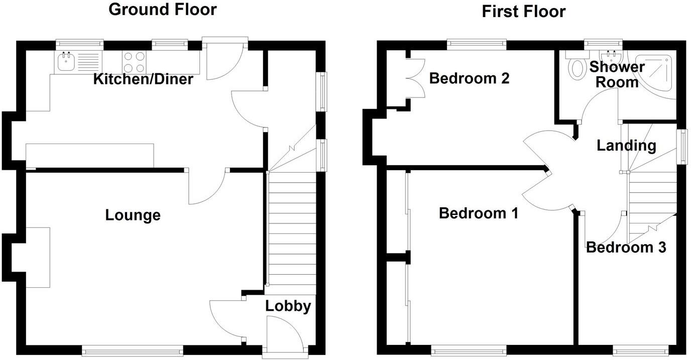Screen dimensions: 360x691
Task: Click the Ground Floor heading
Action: click(163, 9)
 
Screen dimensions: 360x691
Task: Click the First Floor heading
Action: click(523, 11)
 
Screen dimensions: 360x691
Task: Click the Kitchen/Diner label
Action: click(143, 79)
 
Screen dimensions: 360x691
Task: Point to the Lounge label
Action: click(133, 215)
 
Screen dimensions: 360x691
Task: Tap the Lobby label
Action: click(288, 306)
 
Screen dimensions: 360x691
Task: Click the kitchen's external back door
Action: click(224, 60)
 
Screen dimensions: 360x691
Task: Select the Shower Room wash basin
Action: click(611, 54)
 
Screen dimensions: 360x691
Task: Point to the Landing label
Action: click(626, 146)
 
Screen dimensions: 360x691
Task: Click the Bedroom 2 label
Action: click(469, 78)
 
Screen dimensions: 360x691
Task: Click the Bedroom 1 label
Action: click(478, 213)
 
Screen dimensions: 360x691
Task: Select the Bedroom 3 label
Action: click(626, 247)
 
